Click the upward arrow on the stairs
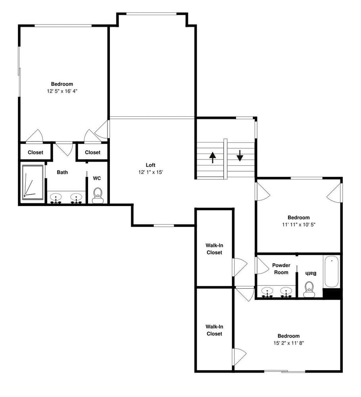click(x=213, y=158)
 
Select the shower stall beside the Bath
click(x=33, y=182)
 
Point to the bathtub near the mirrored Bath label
click(x=331, y=272)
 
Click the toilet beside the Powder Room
click(x=309, y=289)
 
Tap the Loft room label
click(x=150, y=165)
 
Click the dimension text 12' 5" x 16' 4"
click(x=61, y=91)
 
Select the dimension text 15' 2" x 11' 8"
click(x=288, y=343)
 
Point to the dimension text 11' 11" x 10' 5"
click(x=298, y=224)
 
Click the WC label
click(x=97, y=179)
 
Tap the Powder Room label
click(x=281, y=269)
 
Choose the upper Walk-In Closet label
click(x=214, y=249)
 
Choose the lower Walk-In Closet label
click(x=214, y=330)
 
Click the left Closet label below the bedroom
click(x=36, y=152)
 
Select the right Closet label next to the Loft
click(x=92, y=152)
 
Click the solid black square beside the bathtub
click(x=332, y=294)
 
